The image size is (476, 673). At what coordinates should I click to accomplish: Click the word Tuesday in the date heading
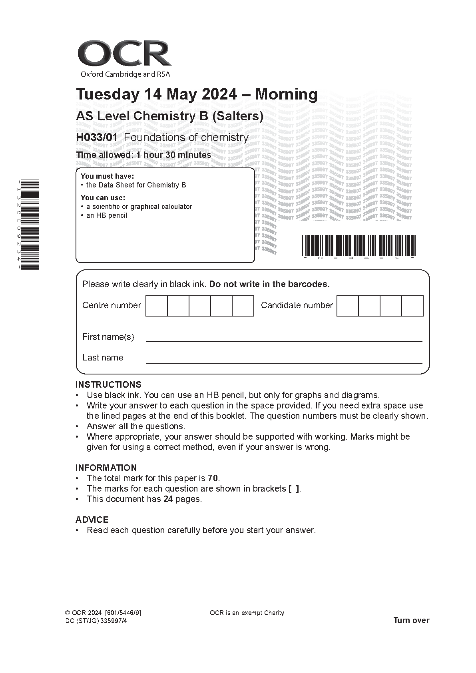(108, 94)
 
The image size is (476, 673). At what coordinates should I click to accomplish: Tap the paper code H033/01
(97, 137)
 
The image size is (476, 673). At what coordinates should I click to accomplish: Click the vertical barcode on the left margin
(30, 225)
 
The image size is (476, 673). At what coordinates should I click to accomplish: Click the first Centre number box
(156, 306)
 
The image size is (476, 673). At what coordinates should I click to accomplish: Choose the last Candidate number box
(412, 306)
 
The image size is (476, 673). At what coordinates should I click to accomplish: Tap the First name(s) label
(108, 337)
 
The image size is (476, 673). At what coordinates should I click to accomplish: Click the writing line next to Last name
(284, 362)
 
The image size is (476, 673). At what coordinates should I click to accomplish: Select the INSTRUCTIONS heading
(108, 384)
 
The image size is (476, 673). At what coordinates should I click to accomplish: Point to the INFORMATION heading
(106, 468)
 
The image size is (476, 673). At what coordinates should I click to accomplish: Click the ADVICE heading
(92, 520)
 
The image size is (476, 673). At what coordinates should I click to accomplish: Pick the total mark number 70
(213, 478)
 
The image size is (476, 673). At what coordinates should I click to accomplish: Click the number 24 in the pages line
(168, 499)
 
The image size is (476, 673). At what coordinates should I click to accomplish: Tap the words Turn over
(411, 620)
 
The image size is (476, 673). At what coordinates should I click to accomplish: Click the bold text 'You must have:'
(107, 176)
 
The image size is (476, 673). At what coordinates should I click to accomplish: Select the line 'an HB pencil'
(106, 215)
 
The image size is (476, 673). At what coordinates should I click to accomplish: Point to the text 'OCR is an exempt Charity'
(247, 613)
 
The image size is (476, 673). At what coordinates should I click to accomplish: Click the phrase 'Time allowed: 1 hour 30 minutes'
(143, 155)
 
